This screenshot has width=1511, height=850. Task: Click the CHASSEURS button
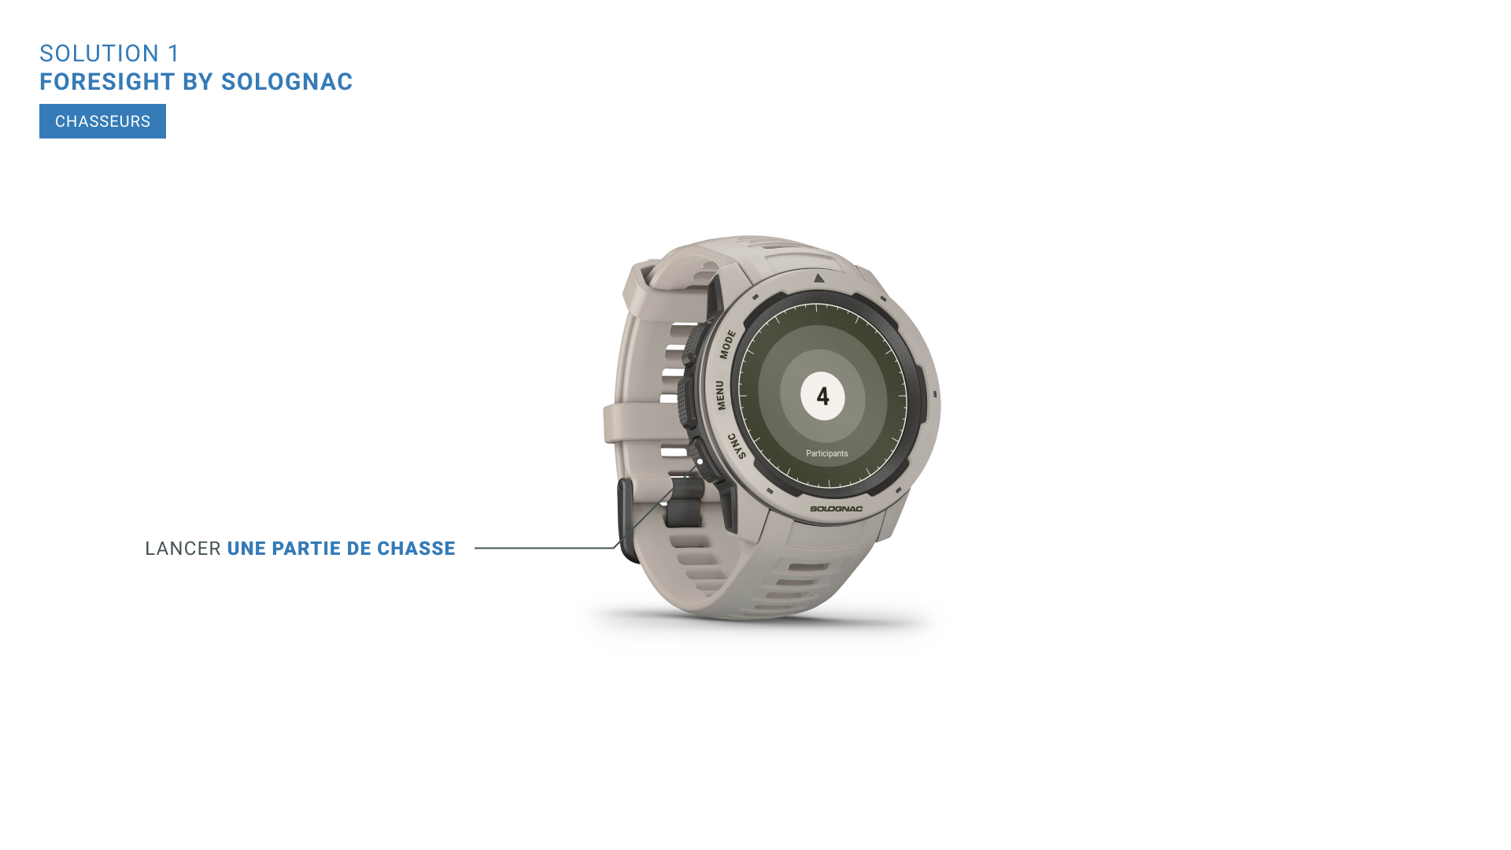coord(102,121)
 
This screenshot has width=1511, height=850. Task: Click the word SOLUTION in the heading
coord(100,54)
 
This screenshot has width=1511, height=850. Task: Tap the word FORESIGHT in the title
coord(107,82)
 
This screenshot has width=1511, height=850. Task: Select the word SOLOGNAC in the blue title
coord(287,82)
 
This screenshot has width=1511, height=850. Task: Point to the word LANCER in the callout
coord(183,549)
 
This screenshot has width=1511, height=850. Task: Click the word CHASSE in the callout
coord(416,549)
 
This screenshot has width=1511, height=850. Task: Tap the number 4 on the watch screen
coord(823,396)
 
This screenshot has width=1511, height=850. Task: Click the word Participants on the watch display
coord(827,453)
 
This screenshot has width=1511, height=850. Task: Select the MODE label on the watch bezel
coord(727,345)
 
